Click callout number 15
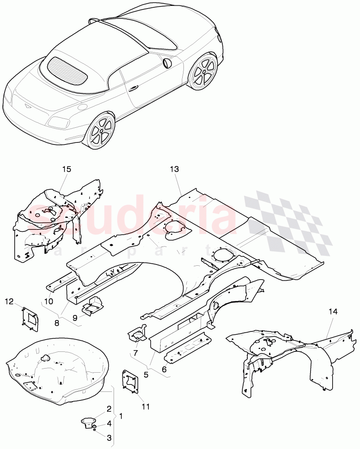[67, 169]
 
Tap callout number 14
[333, 311]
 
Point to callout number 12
[9, 302]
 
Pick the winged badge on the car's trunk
[27, 106]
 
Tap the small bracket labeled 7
[137, 334]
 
